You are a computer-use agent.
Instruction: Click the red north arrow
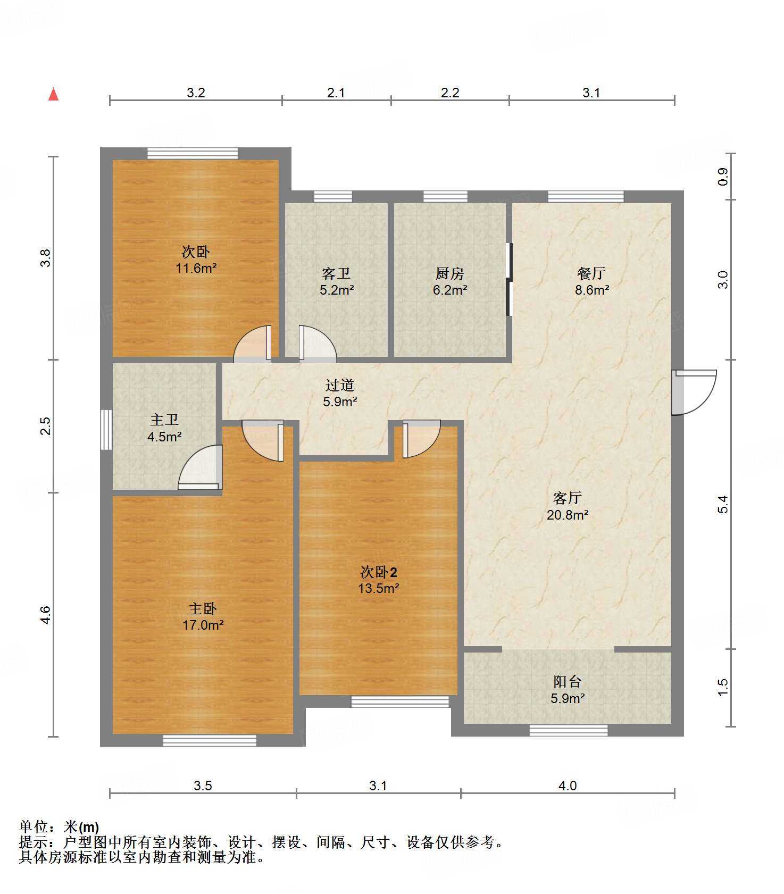click(53, 94)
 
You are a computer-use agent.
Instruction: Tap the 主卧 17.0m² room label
click(203, 616)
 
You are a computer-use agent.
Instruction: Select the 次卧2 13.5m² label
click(378, 580)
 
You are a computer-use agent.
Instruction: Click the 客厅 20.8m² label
click(568, 506)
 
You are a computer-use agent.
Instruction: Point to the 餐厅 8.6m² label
click(591, 281)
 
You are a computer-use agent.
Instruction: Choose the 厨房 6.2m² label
click(450, 281)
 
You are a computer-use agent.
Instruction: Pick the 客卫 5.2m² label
click(336, 281)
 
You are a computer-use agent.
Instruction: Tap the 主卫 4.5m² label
click(164, 428)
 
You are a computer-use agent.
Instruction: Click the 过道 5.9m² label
click(340, 393)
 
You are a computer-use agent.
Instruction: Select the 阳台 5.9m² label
click(568, 690)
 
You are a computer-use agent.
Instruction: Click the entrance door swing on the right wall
click(694, 392)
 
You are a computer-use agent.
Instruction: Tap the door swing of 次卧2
click(421, 439)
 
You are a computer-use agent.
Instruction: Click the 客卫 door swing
click(318, 344)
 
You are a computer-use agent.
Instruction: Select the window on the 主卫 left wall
click(106, 430)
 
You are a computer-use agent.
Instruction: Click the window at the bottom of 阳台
click(569, 730)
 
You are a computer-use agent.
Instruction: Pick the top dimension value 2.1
click(336, 93)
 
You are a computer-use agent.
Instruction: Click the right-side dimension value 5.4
click(722, 504)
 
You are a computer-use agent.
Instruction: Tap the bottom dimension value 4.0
click(568, 786)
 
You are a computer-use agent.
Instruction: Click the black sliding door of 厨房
click(509, 280)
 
